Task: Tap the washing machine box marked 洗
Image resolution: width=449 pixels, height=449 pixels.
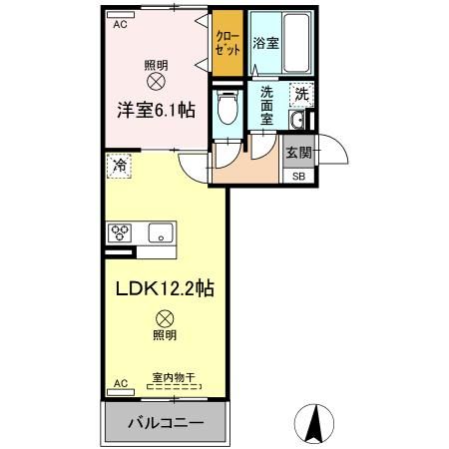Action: pyautogui.click(x=300, y=96)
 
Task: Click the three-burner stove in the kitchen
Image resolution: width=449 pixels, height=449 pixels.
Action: pyautogui.click(x=122, y=233)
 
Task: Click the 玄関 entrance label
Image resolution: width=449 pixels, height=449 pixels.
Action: pyautogui.click(x=297, y=153)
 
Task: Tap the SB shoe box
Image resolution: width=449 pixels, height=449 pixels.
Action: pyautogui.click(x=297, y=176)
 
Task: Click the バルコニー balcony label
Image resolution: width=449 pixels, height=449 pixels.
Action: pyautogui.click(x=166, y=423)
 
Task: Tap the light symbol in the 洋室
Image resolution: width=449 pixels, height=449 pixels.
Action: pyautogui.click(x=155, y=80)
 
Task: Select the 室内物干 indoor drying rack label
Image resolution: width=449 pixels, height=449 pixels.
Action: pyautogui.click(x=173, y=378)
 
